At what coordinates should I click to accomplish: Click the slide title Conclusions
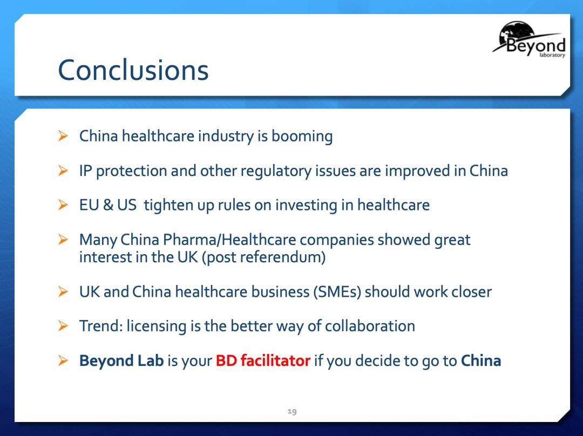(133, 70)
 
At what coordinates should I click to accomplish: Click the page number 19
(292, 412)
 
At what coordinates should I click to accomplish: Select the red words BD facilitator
(263, 360)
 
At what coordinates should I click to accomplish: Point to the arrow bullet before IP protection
(63, 171)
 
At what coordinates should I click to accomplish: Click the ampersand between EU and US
(108, 205)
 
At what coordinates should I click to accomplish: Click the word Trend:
(101, 326)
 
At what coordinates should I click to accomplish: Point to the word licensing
(157, 326)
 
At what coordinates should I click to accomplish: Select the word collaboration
(370, 326)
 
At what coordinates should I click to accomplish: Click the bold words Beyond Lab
(121, 360)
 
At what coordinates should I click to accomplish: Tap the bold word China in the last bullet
(481, 360)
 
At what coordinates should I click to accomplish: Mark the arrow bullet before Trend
(63, 326)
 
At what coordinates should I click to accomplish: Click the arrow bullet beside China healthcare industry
(63, 135)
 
